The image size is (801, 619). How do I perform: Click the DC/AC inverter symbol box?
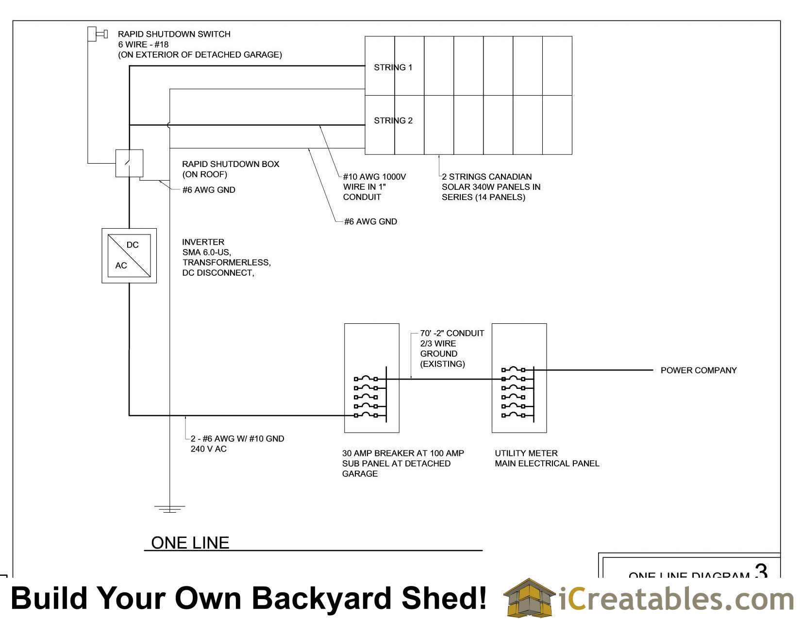click(129, 256)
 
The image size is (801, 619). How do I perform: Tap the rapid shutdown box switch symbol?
click(129, 163)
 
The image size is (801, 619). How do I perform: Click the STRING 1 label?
click(393, 67)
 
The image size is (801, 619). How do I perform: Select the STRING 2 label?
click(393, 120)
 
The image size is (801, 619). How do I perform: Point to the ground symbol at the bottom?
click(169, 509)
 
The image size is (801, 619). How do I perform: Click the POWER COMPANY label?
click(698, 370)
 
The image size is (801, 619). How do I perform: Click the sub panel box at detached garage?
click(371, 378)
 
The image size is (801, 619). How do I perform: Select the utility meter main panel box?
click(519, 378)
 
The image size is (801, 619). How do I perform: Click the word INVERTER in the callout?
click(203, 242)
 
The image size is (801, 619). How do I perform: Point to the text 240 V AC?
click(208, 449)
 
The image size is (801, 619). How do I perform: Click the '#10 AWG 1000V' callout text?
click(374, 177)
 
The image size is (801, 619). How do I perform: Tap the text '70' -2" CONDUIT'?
click(452, 333)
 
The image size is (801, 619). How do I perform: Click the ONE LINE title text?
click(190, 543)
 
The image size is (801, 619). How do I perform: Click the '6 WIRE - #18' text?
click(143, 44)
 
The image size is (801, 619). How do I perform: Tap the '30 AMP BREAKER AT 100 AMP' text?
click(403, 453)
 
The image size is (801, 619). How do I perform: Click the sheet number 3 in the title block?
click(761, 570)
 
